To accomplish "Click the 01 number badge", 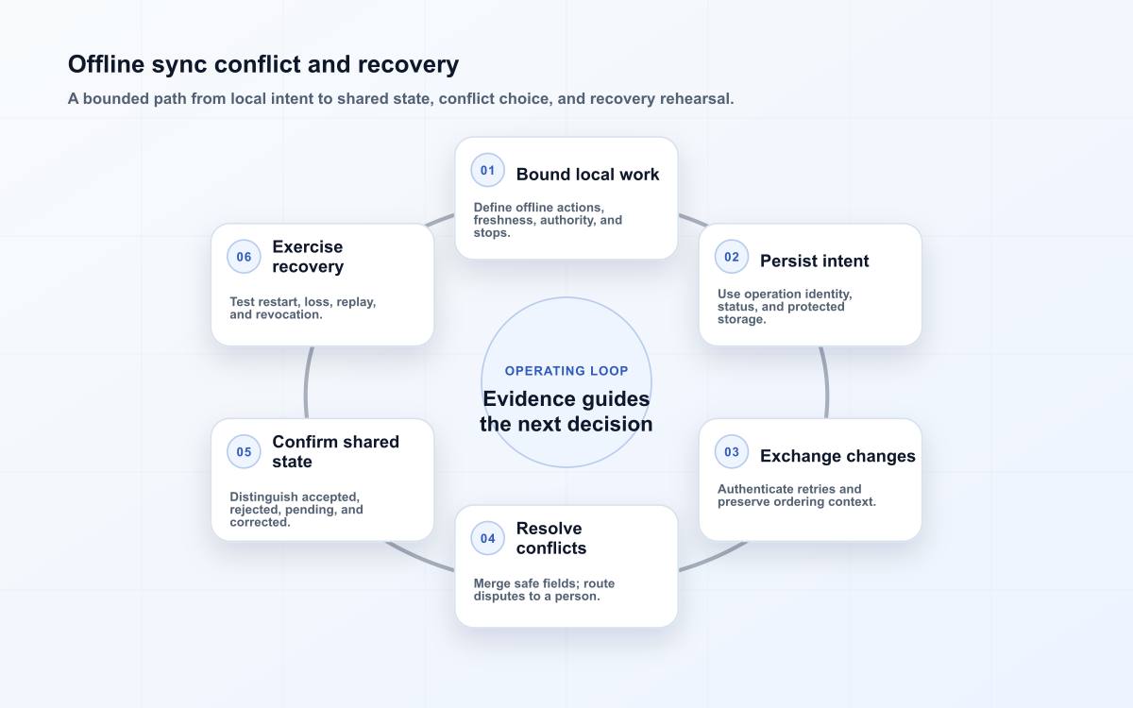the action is (x=487, y=171).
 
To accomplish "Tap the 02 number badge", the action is (x=732, y=257).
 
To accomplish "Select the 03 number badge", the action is (x=732, y=451).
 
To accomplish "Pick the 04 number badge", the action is (x=487, y=538).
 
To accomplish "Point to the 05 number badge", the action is (x=244, y=451).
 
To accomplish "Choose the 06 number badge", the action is (x=244, y=257).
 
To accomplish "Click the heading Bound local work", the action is (x=587, y=175).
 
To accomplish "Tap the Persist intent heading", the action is (x=814, y=261).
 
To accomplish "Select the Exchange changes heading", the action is (x=837, y=456).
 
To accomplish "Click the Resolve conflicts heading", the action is (x=551, y=538).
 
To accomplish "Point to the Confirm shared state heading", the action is (x=335, y=451).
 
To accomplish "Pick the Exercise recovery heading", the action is (x=308, y=257).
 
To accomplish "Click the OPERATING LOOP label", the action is (x=566, y=371).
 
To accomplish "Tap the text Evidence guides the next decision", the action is (x=566, y=412).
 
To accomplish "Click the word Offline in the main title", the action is (x=106, y=64).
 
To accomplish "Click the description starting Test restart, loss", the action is (x=302, y=308).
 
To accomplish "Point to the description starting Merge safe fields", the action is (x=544, y=590).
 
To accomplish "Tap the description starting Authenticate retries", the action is (x=797, y=496).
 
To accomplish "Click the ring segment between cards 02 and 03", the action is (x=826, y=383).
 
